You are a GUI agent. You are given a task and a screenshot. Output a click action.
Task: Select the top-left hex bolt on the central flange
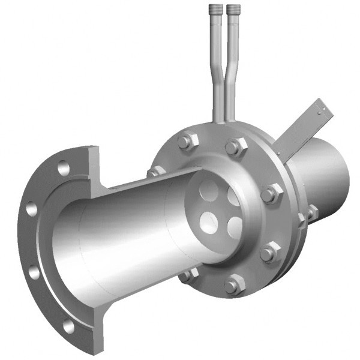point(185,142)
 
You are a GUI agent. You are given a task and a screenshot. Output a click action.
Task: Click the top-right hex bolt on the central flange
point(236,146)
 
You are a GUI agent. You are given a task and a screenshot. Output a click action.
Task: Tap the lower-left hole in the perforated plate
point(208,220)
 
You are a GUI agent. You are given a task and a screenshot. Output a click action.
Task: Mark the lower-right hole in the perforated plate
point(235,226)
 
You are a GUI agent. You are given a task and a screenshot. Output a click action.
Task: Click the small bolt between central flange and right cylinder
point(312,211)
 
